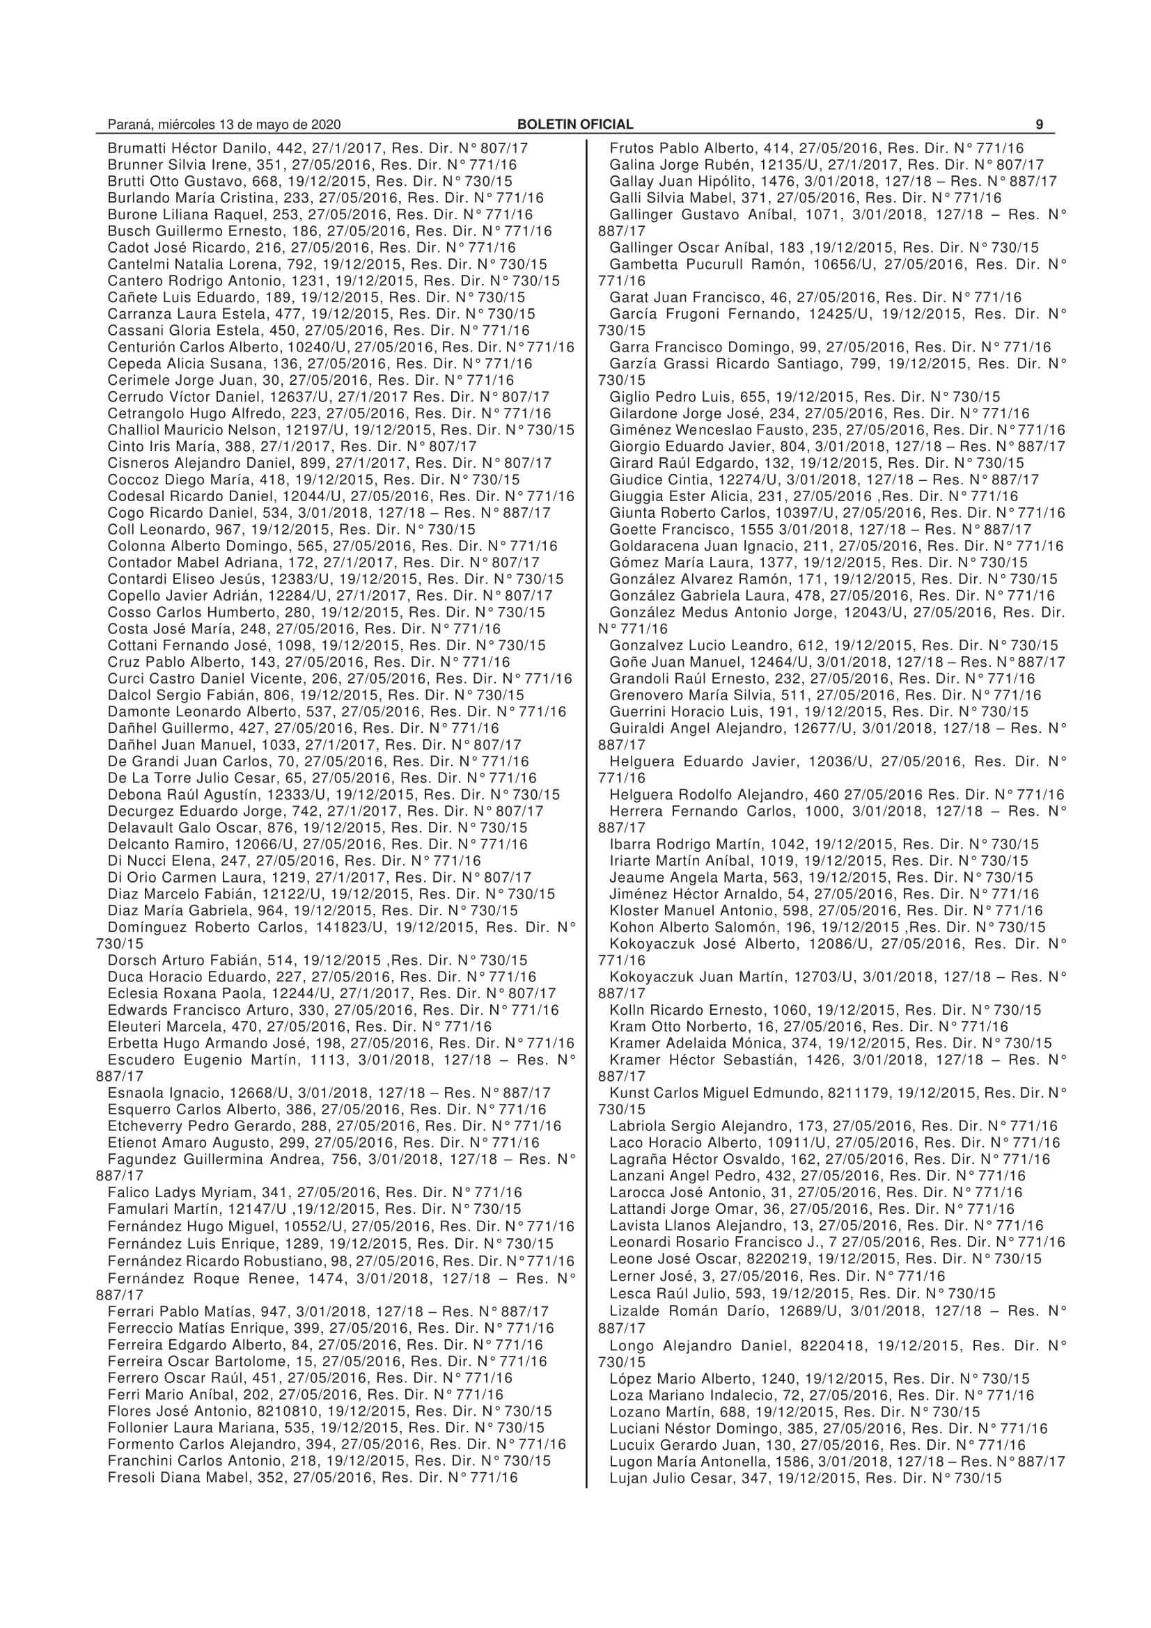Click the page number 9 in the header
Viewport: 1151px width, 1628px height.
(x=1039, y=125)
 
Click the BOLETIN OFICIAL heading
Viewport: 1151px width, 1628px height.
(x=575, y=125)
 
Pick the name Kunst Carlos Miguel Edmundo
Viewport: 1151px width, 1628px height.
(x=716, y=1093)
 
